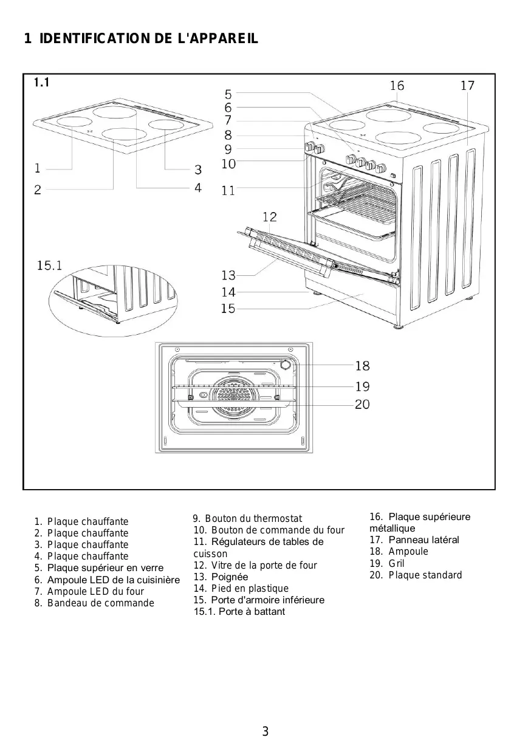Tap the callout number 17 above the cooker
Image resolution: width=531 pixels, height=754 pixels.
point(467,86)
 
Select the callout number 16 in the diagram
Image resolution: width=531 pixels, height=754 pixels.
point(397,86)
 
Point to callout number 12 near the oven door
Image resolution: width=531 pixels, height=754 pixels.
point(270,217)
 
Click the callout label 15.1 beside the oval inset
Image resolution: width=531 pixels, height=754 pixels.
point(50,266)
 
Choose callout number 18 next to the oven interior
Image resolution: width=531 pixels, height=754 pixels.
point(362,366)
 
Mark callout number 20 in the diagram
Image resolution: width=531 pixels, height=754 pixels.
point(362,404)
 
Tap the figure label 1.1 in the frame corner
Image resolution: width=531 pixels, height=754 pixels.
point(42,82)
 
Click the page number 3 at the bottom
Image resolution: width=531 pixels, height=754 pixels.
point(265,732)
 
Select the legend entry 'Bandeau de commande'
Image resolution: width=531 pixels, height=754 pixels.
point(100,603)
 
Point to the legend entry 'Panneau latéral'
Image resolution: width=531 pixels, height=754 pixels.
point(423,540)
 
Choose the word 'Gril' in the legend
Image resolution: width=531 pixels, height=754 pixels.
point(396,563)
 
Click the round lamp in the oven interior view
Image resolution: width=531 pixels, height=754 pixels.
point(284,365)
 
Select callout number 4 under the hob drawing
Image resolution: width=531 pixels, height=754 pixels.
point(198,188)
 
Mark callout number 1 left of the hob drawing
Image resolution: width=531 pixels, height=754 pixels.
point(38,168)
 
